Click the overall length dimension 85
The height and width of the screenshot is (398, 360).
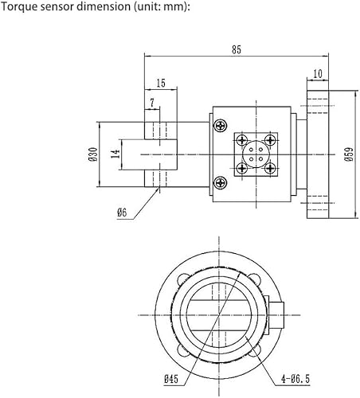237,49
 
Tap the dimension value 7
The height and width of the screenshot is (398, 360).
151,103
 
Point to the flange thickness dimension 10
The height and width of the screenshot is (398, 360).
319,73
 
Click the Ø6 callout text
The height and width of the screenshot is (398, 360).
122,212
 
